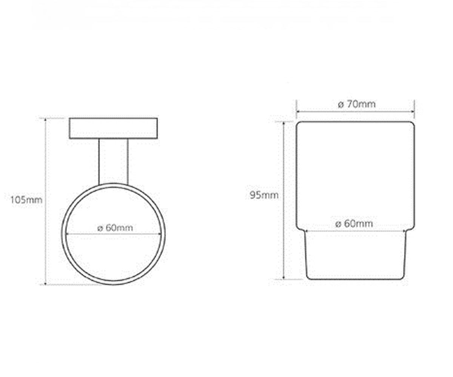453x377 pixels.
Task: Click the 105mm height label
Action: (x=26, y=200)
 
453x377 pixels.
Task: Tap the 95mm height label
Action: (x=264, y=195)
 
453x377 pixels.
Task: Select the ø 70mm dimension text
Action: (x=357, y=104)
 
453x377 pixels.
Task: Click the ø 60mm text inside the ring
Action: (x=115, y=228)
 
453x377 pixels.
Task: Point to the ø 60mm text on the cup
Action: (x=354, y=224)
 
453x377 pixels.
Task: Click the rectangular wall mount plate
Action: (x=114, y=128)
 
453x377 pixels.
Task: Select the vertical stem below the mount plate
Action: (x=114, y=161)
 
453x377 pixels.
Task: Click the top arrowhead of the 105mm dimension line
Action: (x=46, y=120)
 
